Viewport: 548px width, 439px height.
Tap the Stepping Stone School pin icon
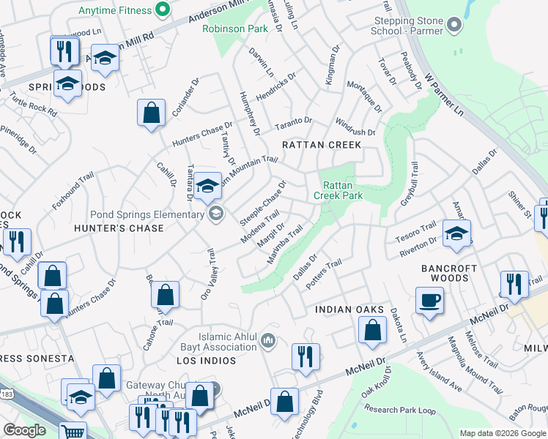coord(454,26)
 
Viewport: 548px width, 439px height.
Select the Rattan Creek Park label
coord(338,190)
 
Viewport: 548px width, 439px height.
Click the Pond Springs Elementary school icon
coord(215,214)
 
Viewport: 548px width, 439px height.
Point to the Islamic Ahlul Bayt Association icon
coord(268,340)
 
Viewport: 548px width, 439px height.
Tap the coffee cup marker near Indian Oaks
coord(429,299)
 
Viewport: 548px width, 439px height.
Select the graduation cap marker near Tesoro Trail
coord(457,233)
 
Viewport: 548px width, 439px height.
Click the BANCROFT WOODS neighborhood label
coord(445,274)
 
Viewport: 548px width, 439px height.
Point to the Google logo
coord(24,430)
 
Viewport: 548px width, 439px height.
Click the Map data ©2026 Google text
coord(503,433)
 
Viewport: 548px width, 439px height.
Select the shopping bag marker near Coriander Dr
coord(151,113)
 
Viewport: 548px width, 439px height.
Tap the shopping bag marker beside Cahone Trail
coord(166,294)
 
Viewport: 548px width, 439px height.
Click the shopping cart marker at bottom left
coord(72,432)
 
